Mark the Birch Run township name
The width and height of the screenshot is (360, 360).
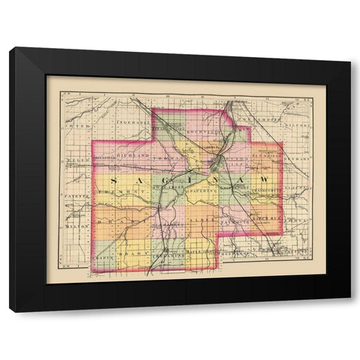pyautogui.click(x=265, y=219)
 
